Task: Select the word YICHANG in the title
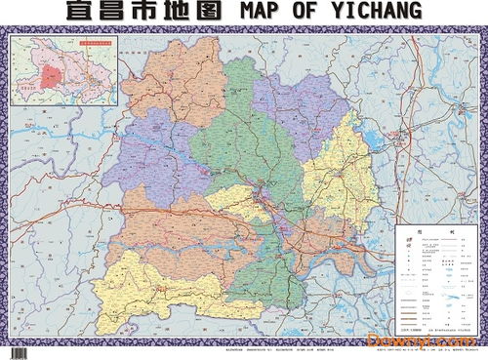tap(377, 12)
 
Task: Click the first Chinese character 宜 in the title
tap(80, 12)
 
